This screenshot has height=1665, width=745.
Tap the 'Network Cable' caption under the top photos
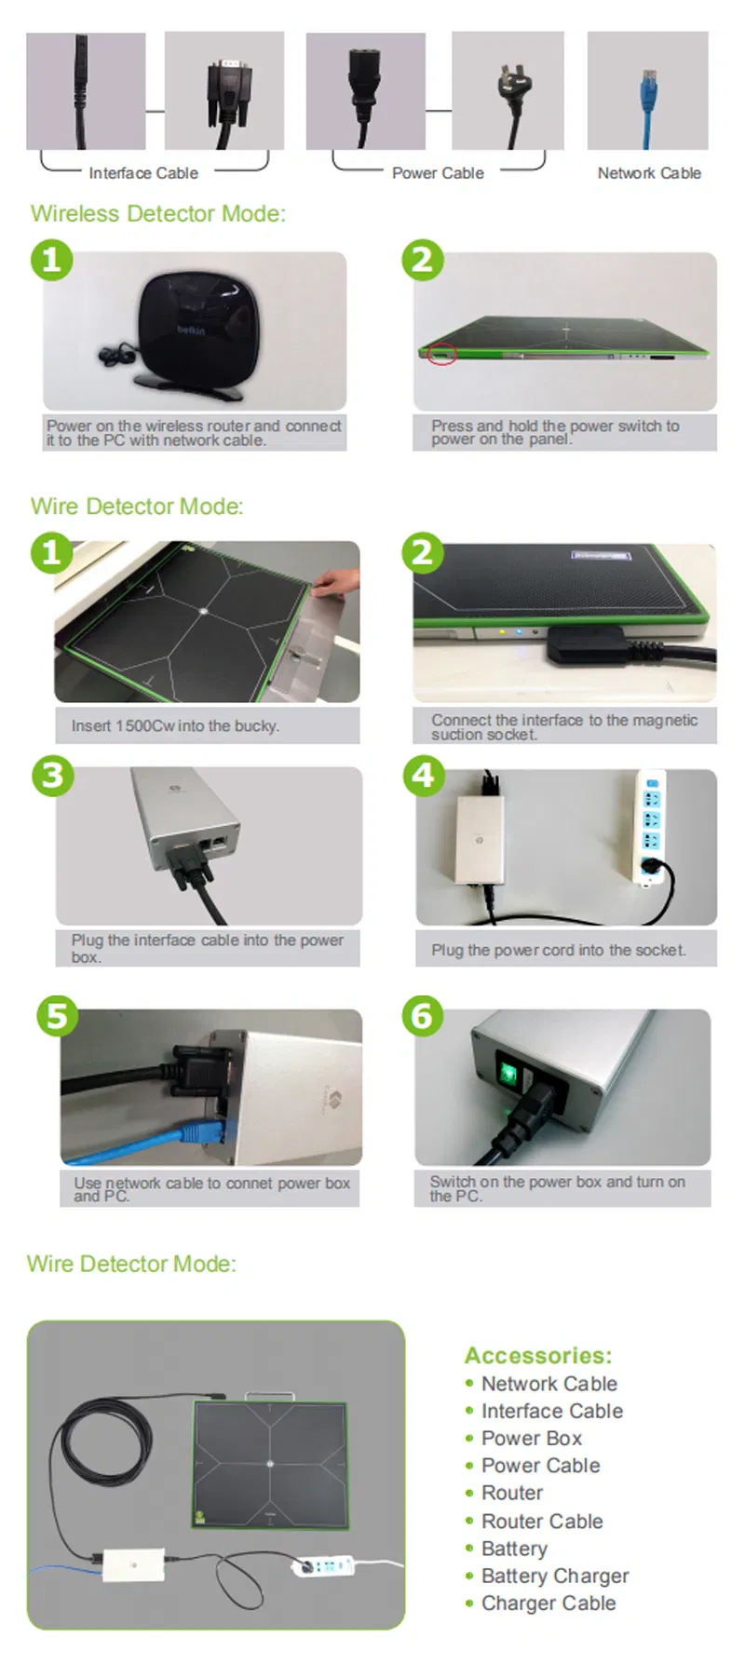(649, 173)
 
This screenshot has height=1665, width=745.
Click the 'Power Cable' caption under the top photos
(438, 173)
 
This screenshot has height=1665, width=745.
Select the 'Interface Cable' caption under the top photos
(143, 173)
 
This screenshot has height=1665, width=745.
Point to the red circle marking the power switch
(442, 354)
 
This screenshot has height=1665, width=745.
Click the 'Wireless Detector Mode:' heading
(158, 214)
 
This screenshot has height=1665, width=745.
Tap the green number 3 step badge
(52, 776)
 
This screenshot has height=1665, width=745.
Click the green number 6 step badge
(422, 1015)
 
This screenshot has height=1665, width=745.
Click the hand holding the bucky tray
(337, 583)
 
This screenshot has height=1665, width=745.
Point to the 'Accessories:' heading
(538, 1356)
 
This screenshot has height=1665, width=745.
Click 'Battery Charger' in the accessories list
(555, 1577)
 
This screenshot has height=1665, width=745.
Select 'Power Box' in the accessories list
(532, 1439)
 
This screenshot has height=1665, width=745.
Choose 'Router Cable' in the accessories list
(542, 1522)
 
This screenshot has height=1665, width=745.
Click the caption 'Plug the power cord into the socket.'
(559, 951)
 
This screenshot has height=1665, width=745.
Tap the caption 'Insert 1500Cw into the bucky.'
(175, 726)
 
